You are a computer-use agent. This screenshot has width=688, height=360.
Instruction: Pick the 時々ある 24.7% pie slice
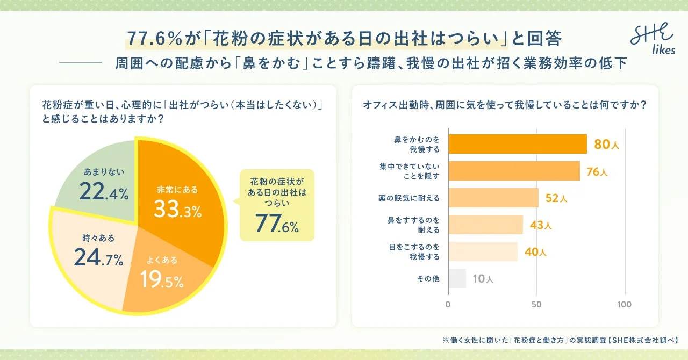(97, 253)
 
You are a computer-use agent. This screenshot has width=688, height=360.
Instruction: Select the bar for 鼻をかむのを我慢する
(517, 144)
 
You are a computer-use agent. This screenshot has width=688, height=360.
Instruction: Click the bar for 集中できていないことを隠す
(514, 171)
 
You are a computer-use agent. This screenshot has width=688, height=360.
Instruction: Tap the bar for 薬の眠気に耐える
(493, 198)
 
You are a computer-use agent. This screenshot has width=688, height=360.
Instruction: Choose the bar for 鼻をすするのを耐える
(485, 225)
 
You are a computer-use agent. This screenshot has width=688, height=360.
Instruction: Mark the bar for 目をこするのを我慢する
(483, 251)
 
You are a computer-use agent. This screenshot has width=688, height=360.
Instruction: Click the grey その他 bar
(457, 278)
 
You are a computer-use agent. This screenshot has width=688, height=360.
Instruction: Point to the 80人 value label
(607, 145)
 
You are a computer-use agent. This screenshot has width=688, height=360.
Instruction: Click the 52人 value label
(556, 198)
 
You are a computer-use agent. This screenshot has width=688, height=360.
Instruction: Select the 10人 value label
(483, 279)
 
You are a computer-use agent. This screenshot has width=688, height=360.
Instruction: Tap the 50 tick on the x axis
(536, 305)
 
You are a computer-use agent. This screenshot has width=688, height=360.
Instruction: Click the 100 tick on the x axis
(624, 305)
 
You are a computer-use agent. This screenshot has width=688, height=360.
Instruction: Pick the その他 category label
(428, 279)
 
